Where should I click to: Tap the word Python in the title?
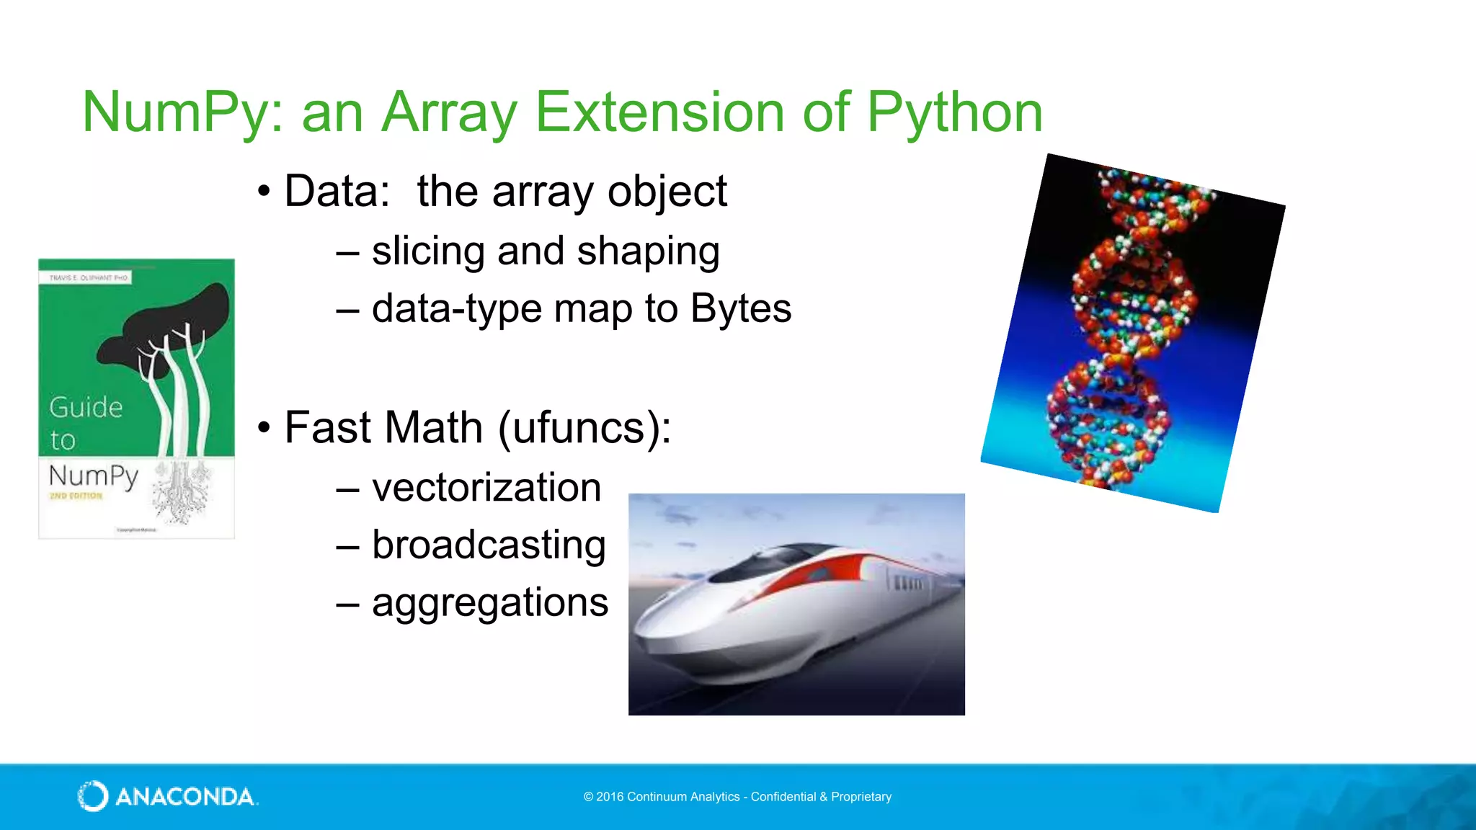tap(954, 113)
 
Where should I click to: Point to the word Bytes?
tap(740, 309)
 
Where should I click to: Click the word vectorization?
tap(486, 488)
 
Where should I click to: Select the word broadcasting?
tap(489, 545)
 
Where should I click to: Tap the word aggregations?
tap(490, 603)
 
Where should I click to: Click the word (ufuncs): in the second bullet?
tap(584, 428)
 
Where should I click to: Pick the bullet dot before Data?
tap(264, 192)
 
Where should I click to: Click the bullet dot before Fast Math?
tap(264, 428)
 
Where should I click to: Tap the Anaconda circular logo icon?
tap(92, 796)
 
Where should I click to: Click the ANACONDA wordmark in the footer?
tap(186, 797)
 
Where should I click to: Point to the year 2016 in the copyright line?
tap(610, 797)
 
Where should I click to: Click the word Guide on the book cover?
tap(86, 408)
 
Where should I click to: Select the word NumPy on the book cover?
tap(93, 476)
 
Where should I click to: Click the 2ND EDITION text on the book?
tap(76, 496)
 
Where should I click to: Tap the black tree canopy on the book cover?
tap(173, 324)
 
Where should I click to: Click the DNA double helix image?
tap(1132, 331)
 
